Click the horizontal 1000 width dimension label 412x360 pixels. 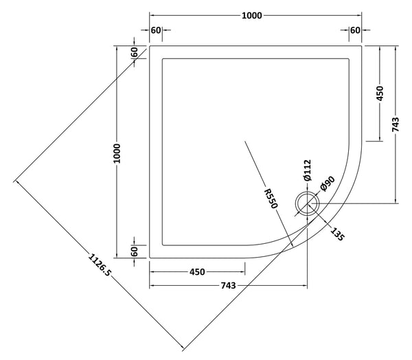(x=255, y=16)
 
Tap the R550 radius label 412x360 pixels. (x=272, y=196)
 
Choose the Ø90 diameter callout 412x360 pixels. (x=327, y=183)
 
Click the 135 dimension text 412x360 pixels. (x=336, y=234)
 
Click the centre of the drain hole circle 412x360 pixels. (x=306, y=203)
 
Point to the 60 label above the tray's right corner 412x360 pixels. (x=355, y=30)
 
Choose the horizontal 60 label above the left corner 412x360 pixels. (x=156, y=30)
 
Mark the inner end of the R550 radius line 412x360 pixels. (x=244, y=142)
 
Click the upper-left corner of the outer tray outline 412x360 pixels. (x=149, y=46)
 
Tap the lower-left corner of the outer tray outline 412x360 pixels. (x=149, y=258)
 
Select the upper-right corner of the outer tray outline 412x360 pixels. (x=362, y=46)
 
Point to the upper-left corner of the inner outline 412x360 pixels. (x=161, y=58)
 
